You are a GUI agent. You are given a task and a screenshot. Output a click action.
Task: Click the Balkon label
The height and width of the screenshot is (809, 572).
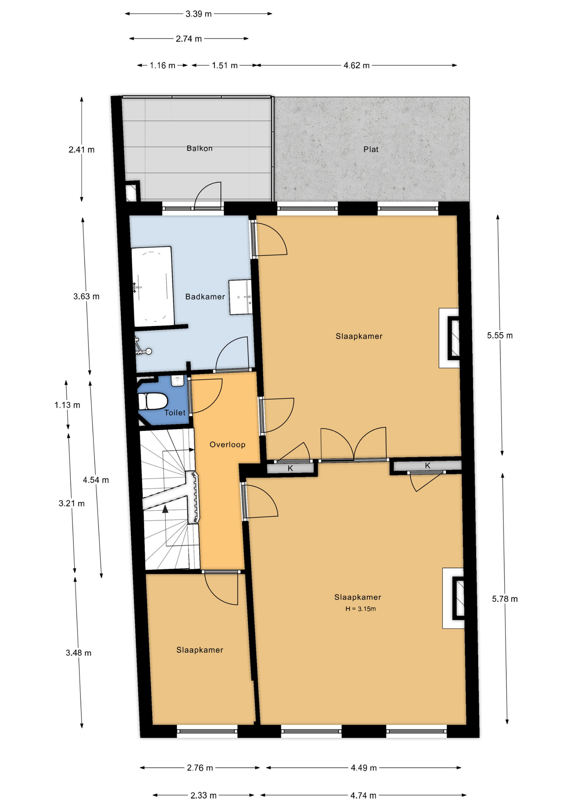[x=199, y=148]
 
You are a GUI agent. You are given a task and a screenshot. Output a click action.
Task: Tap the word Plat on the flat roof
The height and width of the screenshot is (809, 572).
[x=371, y=149]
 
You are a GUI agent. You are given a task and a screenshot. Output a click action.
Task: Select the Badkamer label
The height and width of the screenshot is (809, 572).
[x=205, y=297]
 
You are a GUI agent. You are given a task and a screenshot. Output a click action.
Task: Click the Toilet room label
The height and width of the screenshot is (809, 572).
[x=175, y=413]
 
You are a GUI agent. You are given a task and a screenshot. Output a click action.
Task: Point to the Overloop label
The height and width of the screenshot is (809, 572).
[x=227, y=445]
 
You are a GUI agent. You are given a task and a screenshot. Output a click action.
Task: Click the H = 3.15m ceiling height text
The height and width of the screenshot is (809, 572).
[x=361, y=608]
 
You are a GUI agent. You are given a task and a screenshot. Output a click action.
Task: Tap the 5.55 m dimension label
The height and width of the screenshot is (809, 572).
[x=500, y=335]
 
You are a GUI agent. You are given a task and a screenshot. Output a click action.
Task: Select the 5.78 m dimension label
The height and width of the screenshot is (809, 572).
[x=505, y=599]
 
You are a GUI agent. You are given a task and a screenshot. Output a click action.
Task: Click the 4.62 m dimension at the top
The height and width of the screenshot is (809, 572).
[x=356, y=65]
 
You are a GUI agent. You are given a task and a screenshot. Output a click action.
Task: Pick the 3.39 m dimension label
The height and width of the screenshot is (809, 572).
[x=198, y=14]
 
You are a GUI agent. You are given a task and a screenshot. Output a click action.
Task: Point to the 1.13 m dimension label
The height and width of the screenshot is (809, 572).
[x=67, y=405]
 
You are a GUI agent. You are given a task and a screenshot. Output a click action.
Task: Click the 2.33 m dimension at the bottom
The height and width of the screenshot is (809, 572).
[x=203, y=795]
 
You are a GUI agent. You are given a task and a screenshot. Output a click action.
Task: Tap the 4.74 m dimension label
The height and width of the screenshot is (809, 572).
[x=364, y=795]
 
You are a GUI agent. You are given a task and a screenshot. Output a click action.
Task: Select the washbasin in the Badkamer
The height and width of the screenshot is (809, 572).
[x=241, y=297]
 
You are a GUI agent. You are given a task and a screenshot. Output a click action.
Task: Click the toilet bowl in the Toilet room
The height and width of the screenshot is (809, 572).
[x=153, y=401]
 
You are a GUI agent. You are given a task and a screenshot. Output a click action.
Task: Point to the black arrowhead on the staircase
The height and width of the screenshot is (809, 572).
[x=165, y=509]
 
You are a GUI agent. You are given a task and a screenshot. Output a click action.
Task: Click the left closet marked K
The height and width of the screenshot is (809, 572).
[x=291, y=468]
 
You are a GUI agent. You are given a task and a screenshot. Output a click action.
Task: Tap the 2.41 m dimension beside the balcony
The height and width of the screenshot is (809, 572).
[x=81, y=150]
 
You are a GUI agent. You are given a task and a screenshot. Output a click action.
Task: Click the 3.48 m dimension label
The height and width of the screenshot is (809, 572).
[x=78, y=653]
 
